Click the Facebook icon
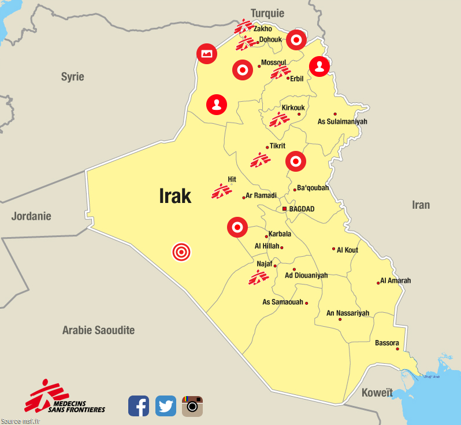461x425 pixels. (139, 405)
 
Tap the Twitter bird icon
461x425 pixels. (166, 405)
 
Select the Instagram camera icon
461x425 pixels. (192, 405)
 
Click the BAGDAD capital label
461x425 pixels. (302, 209)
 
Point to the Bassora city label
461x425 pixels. (386, 343)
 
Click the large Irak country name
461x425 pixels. (175, 196)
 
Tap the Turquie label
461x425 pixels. (267, 13)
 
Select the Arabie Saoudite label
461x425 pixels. (98, 330)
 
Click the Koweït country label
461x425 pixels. (377, 393)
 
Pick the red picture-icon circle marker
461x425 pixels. (207, 54)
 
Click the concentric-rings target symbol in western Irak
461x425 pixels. (181, 252)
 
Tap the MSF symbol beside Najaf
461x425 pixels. (258, 277)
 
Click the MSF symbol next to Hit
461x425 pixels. (221, 191)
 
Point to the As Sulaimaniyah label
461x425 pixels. (343, 121)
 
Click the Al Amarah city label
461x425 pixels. (396, 281)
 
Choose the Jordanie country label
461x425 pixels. (31, 216)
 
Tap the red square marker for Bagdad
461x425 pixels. (284, 209)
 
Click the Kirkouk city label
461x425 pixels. (293, 108)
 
